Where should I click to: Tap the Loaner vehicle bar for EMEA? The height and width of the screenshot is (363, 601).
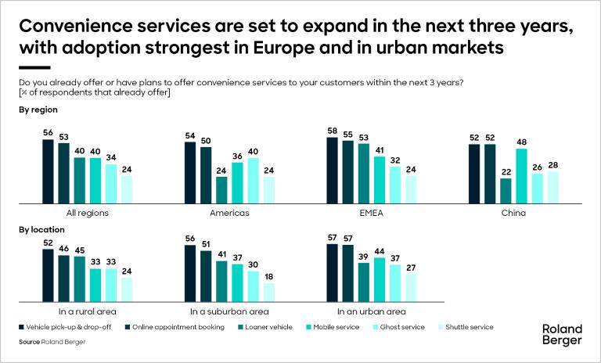(x=362, y=173)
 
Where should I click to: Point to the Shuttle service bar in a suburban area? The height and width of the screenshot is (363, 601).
(x=268, y=292)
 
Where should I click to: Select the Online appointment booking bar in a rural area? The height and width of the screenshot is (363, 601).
(x=63, y=278)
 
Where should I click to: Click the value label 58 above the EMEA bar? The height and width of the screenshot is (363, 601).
(x=332, y=130)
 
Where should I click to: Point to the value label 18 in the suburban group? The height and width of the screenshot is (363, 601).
(x=268, y=276)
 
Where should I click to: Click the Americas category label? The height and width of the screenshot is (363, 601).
(x=229, y=212)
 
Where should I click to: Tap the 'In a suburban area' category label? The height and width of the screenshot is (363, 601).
(x=229, y=311)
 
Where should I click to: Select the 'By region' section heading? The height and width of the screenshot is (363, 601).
(x=38, y=110)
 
